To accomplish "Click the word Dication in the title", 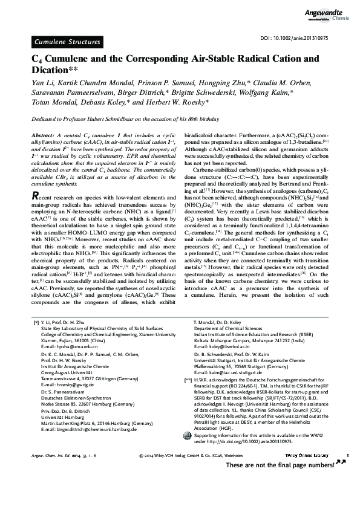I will (53, 70).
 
